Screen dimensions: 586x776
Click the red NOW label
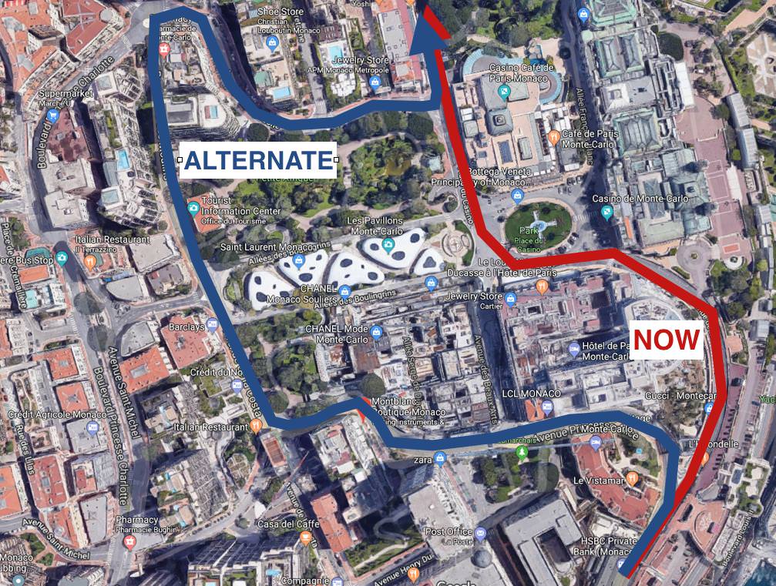coord(667,340)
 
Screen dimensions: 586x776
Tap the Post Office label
coord(448,531)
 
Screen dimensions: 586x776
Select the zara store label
coord(422,460)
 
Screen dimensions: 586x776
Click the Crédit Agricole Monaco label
coord(43,415)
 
